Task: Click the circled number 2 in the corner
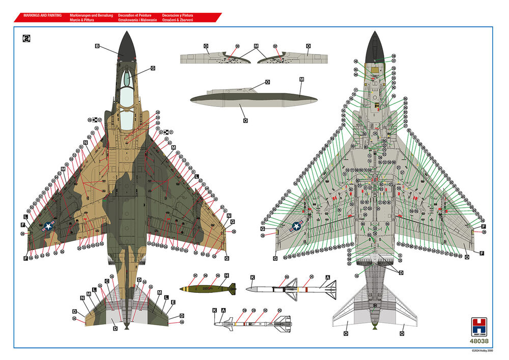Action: (26, 38)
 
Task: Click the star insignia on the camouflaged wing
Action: (49, 227)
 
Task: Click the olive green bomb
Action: (208, 289)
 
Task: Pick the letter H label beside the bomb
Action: (227, 275)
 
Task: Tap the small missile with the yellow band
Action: (252, 322)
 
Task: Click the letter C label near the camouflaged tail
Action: (107, 281)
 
